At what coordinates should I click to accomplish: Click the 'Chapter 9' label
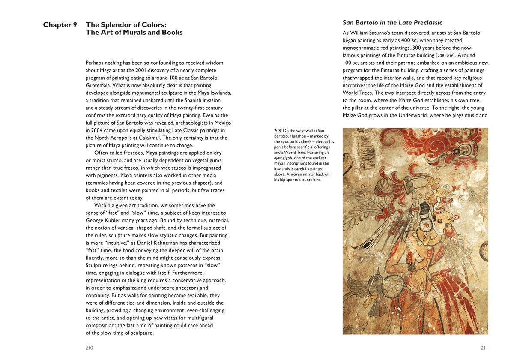pos(60,25)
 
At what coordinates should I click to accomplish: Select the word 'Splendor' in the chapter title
pos(115,25)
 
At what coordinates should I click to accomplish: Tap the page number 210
pos(89,348)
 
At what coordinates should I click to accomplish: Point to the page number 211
pos(484,348)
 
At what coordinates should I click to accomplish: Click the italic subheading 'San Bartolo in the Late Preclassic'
pos(392,23)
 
